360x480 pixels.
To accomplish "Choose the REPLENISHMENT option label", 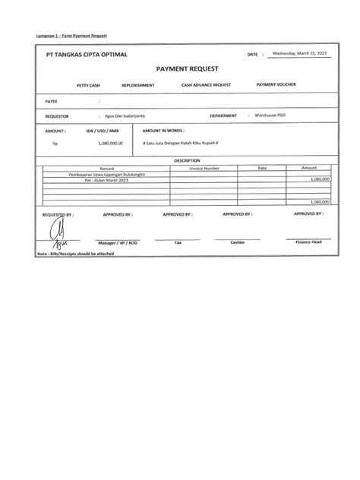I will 138,85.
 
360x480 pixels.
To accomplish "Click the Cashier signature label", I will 238,242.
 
